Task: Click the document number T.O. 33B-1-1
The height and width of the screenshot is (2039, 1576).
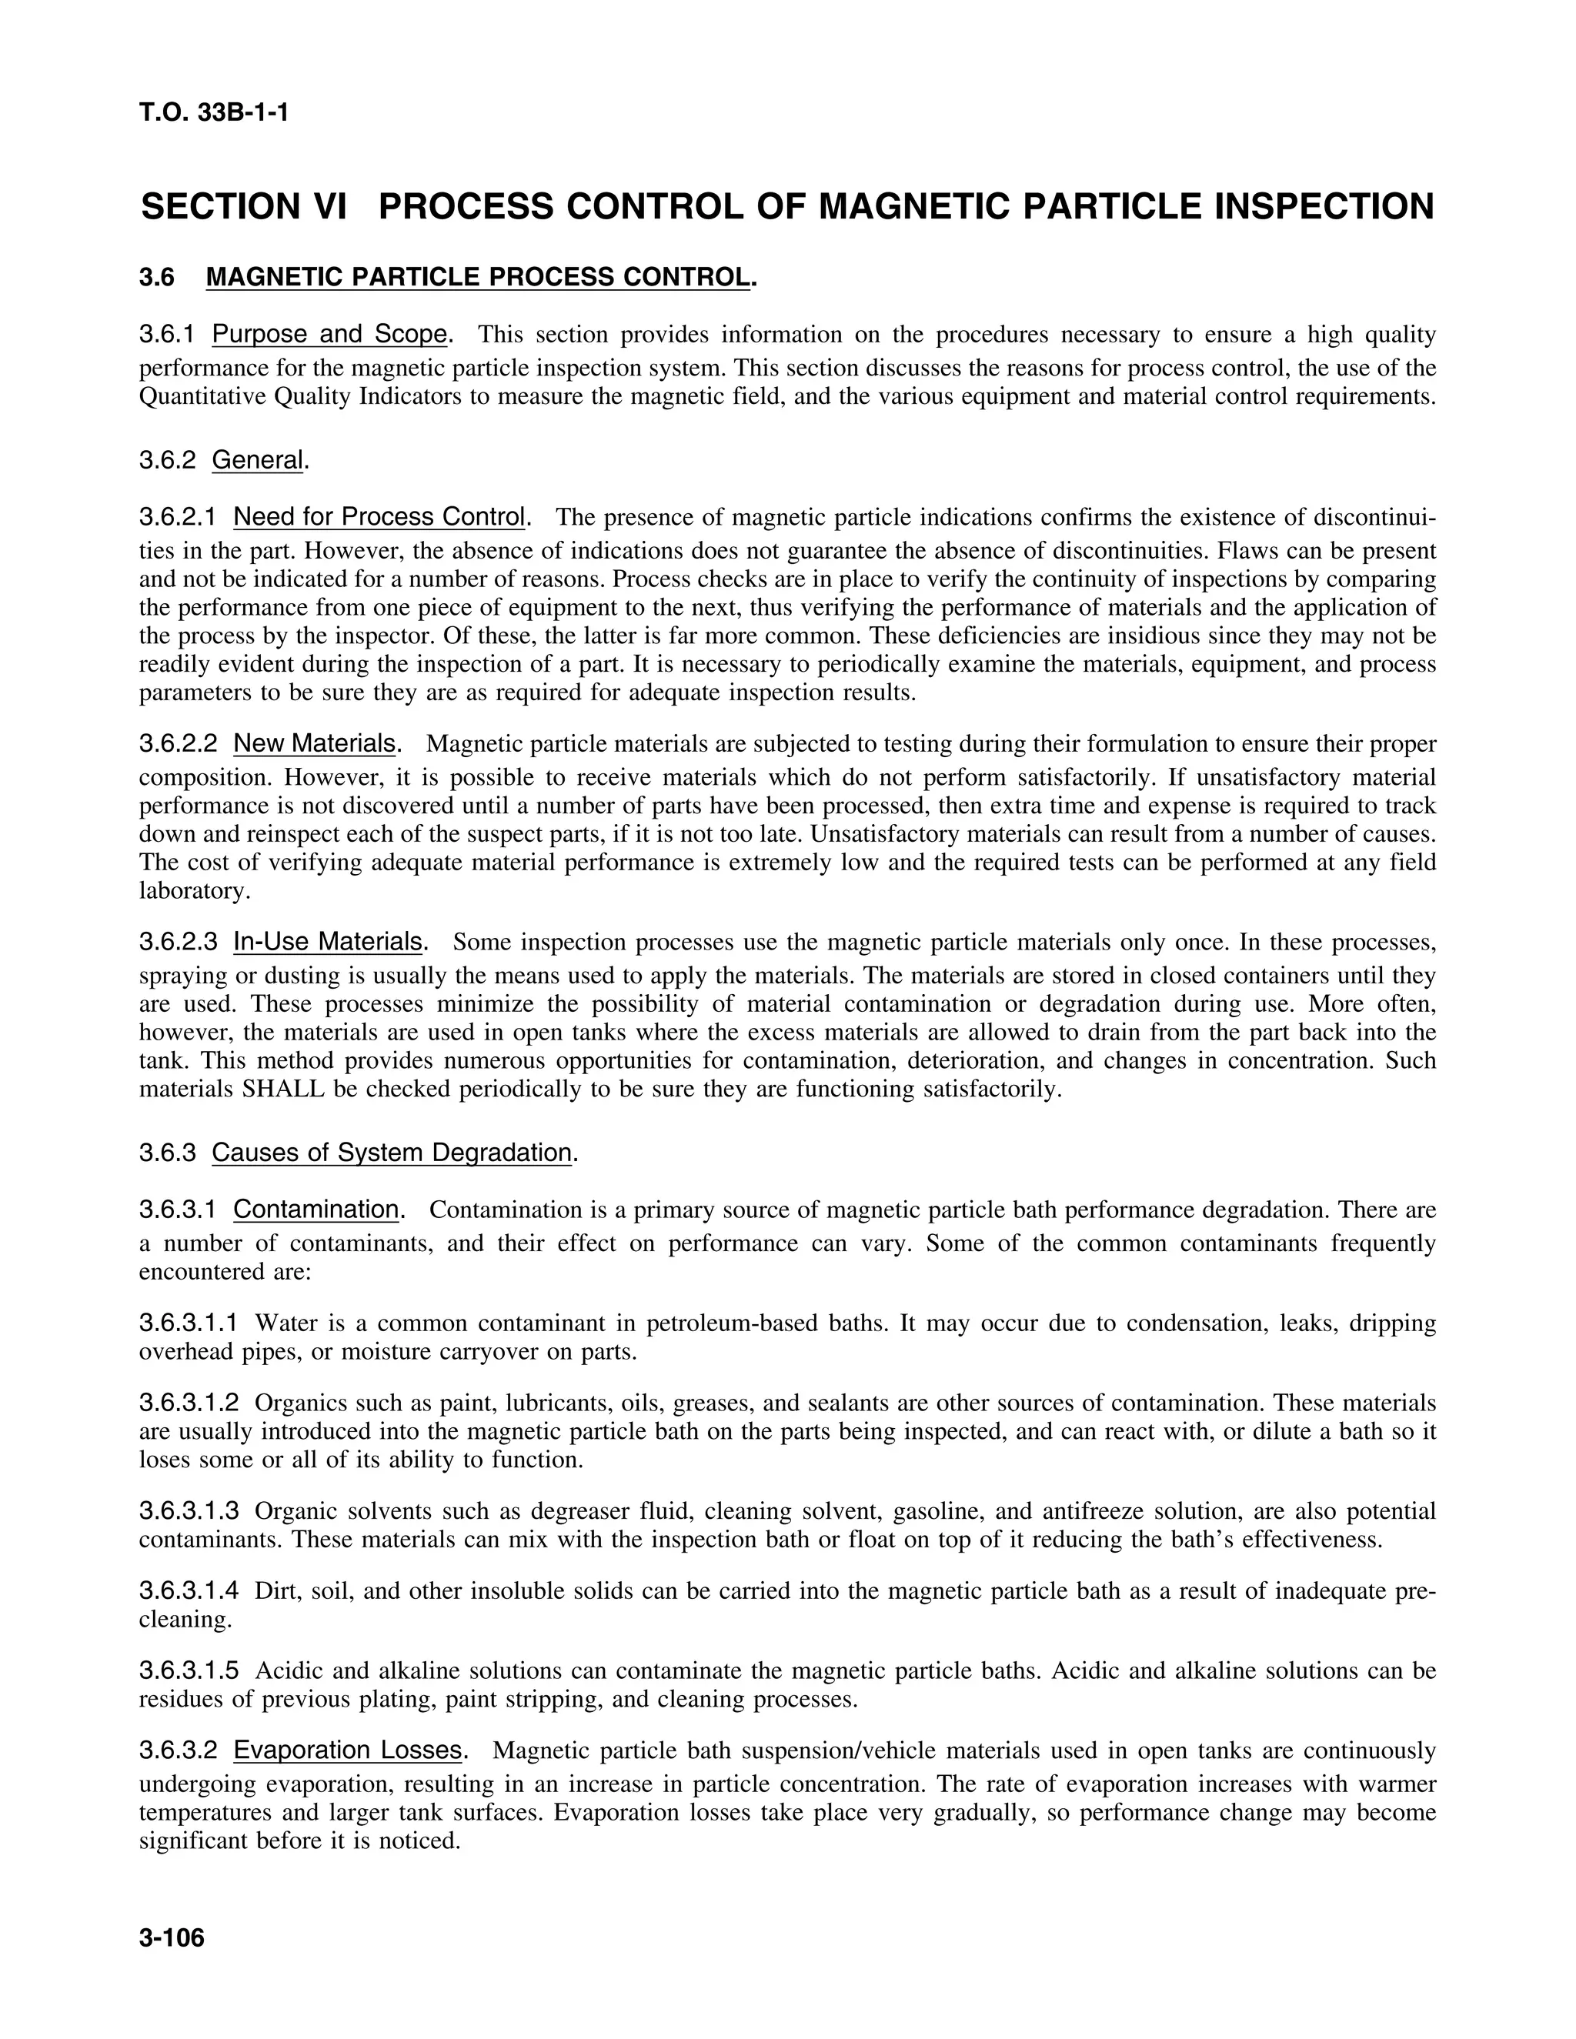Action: [214, 114]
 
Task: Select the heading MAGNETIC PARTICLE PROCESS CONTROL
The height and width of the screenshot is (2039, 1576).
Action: [477, 277]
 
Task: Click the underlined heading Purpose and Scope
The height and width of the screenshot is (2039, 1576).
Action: [329, 334]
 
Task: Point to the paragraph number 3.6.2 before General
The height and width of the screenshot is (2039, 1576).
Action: [168, 460]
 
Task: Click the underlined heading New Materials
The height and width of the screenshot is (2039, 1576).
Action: [315, 744]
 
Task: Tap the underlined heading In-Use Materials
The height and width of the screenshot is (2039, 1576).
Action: [328, 942]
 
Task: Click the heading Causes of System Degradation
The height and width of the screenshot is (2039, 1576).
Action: [391, 1153]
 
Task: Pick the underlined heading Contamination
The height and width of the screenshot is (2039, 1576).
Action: [316, 1210]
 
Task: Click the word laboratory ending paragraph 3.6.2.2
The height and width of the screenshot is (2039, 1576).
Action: [192, 891]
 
